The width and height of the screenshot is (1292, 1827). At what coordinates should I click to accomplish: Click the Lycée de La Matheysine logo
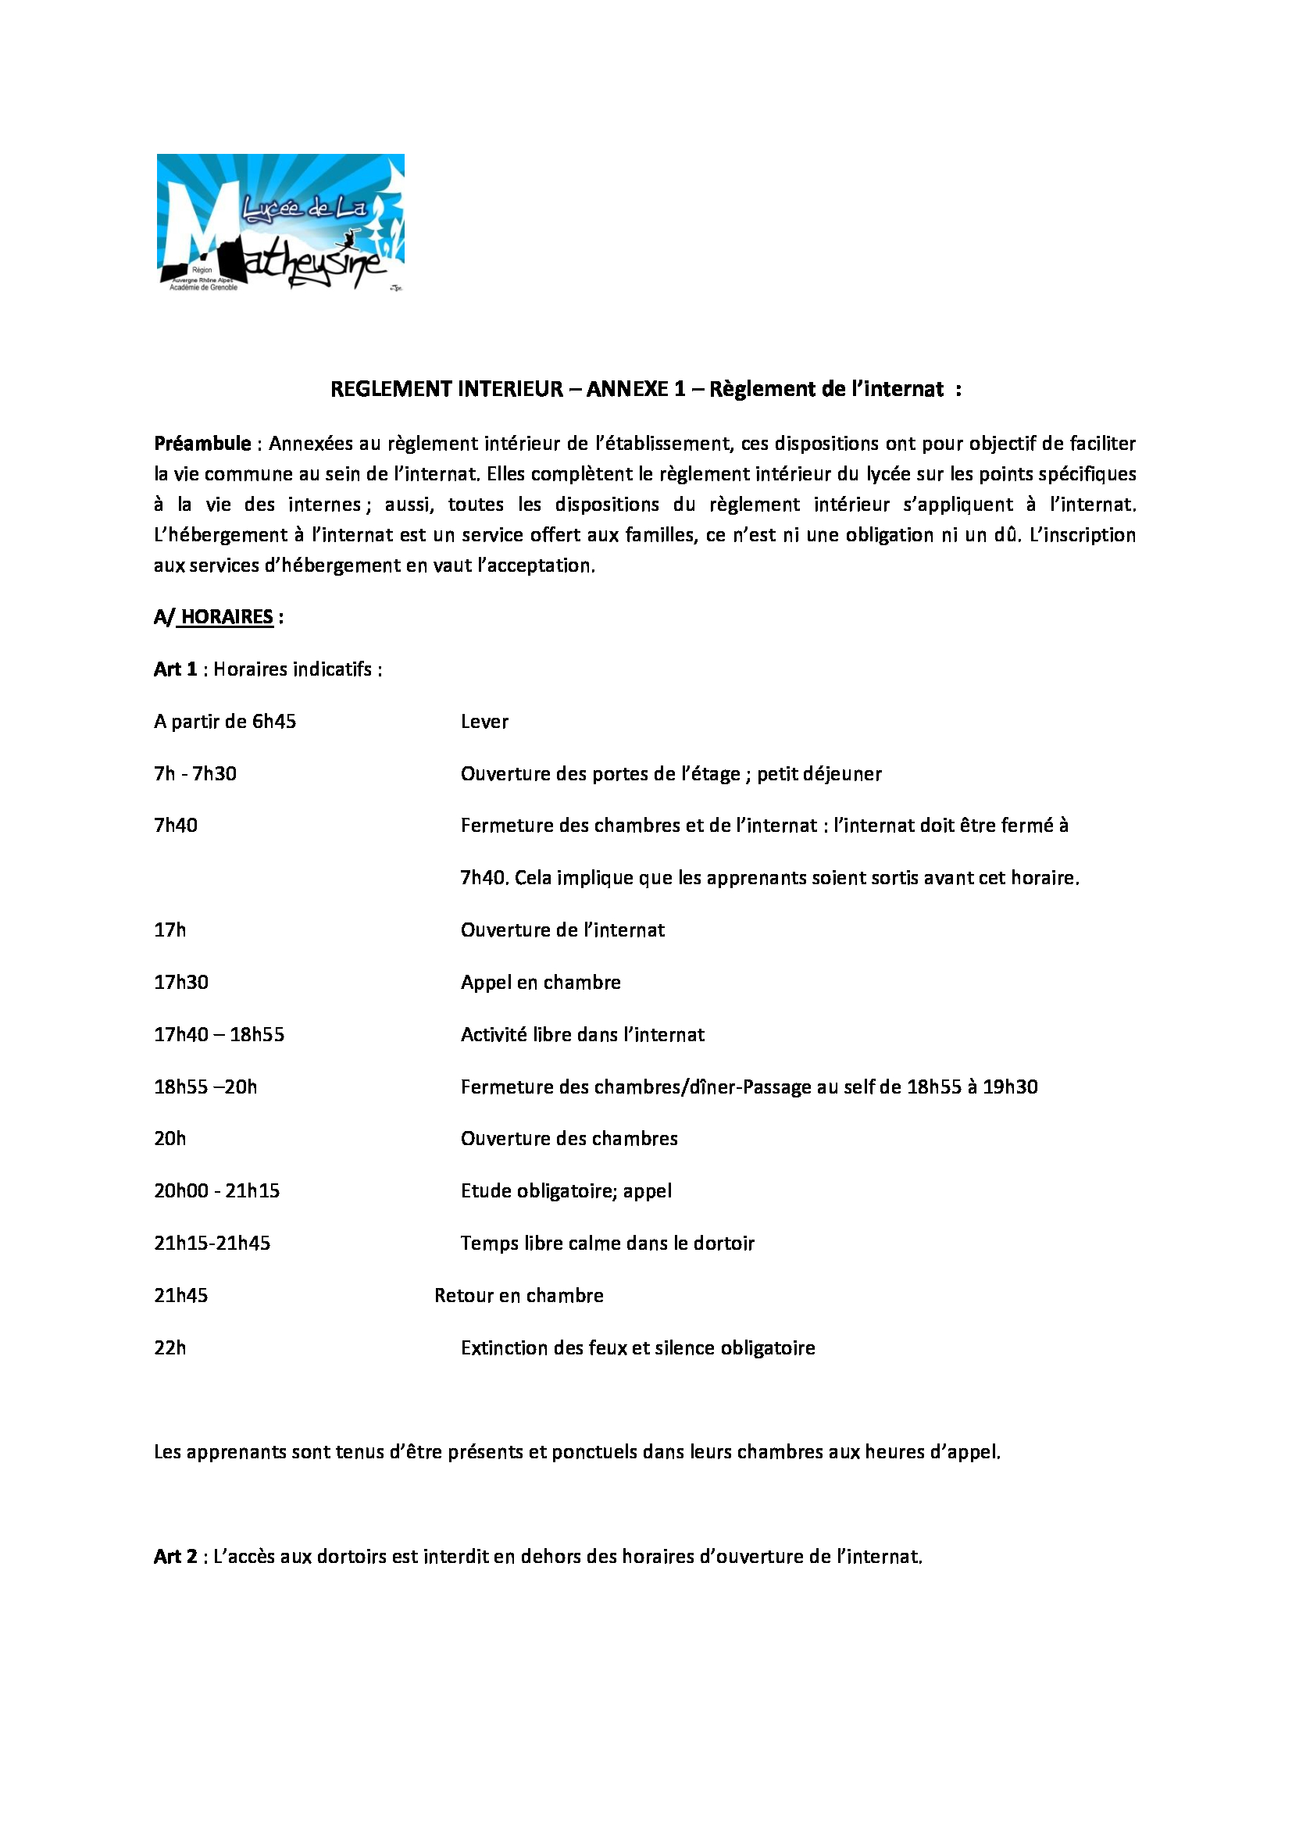tap(280, 222)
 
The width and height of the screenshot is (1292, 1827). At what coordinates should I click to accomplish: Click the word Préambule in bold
tap(202, 443)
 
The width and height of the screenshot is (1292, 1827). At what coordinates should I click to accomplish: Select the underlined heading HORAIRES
tap(227, 617)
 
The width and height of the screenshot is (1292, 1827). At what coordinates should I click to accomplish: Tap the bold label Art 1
tap(175, 669)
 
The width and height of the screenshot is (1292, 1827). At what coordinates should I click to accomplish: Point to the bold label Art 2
tap(175, 1557)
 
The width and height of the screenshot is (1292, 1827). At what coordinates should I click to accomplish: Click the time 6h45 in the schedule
tap(273, 722)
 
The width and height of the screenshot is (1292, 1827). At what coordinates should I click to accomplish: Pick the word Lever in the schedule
tap(484, 722)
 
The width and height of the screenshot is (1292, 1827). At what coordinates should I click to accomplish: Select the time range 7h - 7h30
tap(195, 773)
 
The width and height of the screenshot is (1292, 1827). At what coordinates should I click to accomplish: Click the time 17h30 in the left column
tap(180, 982)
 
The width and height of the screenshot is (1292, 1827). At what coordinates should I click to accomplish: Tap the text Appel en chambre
tap(541, 982)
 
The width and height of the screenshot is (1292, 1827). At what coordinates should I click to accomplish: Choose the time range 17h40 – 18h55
tap(219, 1034)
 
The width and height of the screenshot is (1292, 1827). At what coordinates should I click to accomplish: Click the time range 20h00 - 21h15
tap(216, 1191)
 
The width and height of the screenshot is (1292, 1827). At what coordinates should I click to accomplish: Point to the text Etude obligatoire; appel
tap(566, 1191)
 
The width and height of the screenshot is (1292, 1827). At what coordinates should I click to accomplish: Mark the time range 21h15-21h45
tap(212, 1243)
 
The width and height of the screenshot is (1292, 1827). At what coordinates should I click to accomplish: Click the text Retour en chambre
tap(519, 1295)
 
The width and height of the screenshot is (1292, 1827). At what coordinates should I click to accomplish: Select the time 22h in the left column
tap(170, 1348)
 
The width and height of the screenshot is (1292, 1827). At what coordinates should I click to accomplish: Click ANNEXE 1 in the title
tap(635, 389)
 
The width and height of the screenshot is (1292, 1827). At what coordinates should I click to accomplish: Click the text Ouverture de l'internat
tap(562, 930)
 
